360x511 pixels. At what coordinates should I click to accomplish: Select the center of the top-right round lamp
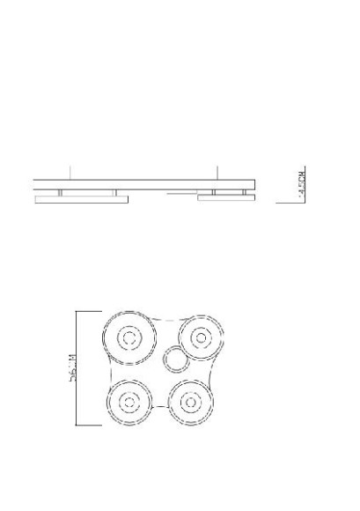[x=201, y=337]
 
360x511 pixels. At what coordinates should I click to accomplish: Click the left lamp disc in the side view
[x=80, y=201]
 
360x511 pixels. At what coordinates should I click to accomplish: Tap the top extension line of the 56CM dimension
[x=89, y=310]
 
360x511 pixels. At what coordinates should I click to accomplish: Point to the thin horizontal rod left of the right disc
[x=181, y=191]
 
